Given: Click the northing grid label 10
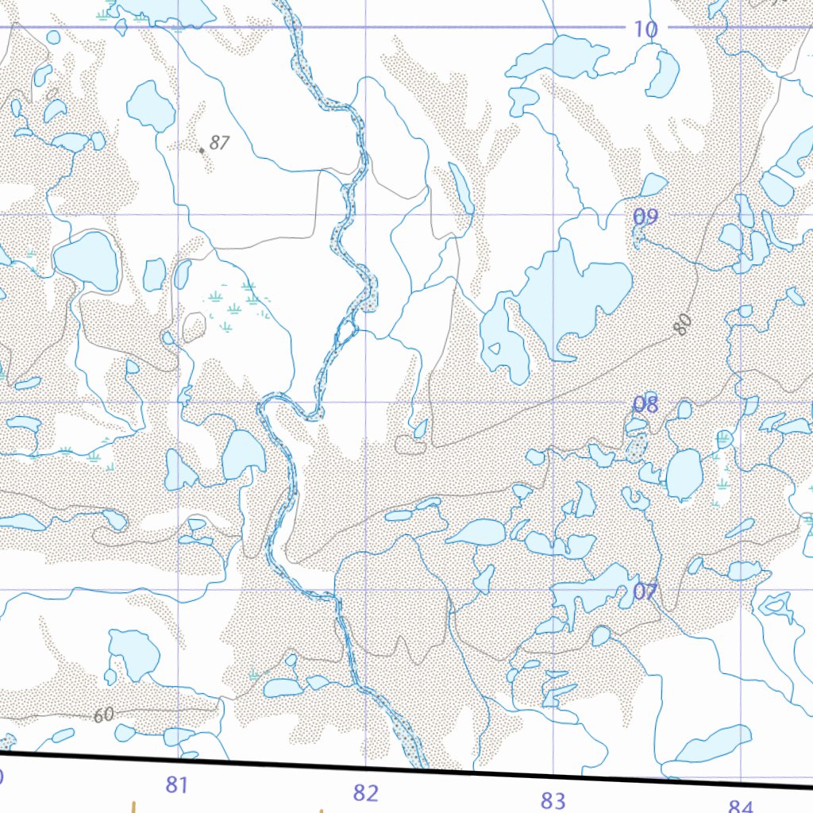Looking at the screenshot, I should (645, 30).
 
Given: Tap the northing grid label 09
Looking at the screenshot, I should (645, 217).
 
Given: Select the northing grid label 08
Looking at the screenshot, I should (645, 405).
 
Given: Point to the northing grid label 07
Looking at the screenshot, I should (645, 591).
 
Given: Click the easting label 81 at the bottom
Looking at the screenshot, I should (176, 786).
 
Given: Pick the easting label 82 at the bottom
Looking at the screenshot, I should (365, 792).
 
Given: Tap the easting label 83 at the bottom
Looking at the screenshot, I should (553, 800).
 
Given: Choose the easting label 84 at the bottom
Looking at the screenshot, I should (739, 807).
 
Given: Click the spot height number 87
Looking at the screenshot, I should (220, 143).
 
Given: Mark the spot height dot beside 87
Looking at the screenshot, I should (202, 149).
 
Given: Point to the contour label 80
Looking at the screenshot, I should (684, 324).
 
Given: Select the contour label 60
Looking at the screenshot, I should (103, 715).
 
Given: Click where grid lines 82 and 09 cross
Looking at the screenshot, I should (365, 214).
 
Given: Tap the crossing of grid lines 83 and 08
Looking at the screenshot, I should (553, 402).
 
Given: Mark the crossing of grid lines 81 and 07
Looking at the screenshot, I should (178, 589).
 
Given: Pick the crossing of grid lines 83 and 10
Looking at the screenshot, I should (553, 27).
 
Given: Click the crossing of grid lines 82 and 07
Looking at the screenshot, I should (365, 589).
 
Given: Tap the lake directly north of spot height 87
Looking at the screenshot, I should (150, 105).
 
